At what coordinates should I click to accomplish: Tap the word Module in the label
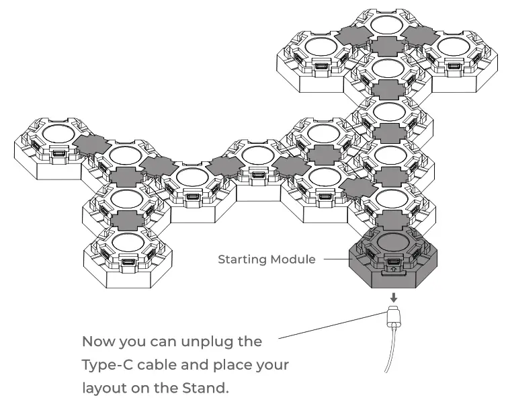point(293,259)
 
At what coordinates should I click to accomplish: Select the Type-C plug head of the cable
point(393,316)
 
